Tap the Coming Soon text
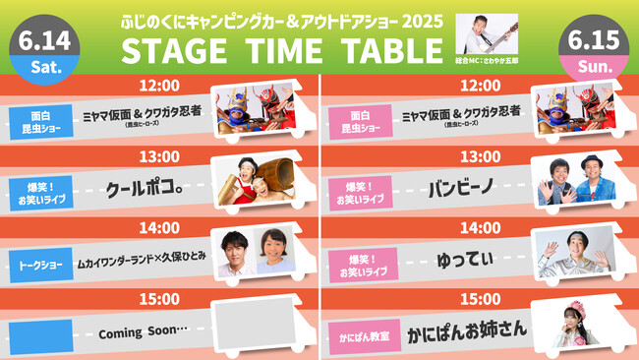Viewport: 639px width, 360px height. coord(142,333)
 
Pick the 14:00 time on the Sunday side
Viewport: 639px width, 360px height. coord(480,227)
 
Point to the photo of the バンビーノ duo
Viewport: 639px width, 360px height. coord(570,180)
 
